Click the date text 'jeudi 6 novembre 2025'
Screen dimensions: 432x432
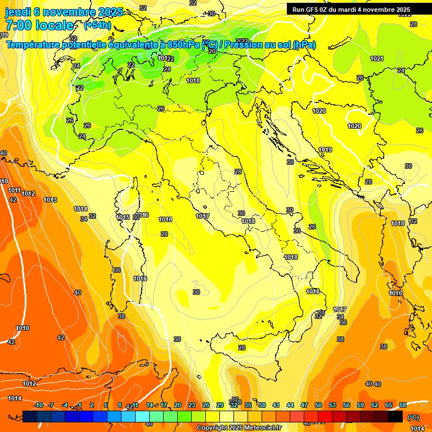click(x=64, y=12)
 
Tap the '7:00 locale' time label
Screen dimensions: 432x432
click(x=39, y=25)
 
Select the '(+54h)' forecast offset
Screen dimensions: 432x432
click(x=97, y=25)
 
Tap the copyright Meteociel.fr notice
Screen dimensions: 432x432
click(x=238, y=427)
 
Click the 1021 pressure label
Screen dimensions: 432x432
click(x=377, y=59)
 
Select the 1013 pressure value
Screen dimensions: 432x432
click(x=50, y=200)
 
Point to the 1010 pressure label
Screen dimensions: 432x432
click(x=22, y=328)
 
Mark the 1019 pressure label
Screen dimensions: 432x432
click(x=325, y=150)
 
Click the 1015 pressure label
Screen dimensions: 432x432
click(x=123, y=217)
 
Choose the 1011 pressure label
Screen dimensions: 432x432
click(x=15, y=190)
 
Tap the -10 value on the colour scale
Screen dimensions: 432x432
click(x=38, y=405)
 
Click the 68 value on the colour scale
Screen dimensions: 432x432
click(x=403, y=405)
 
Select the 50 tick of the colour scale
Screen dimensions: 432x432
click(x=318, y=405)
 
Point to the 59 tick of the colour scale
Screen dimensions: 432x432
click(x=361, y=405)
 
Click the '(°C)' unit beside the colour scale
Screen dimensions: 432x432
click(x=413, y=417)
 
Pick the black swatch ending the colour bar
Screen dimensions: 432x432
click(x=395, y=417)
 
